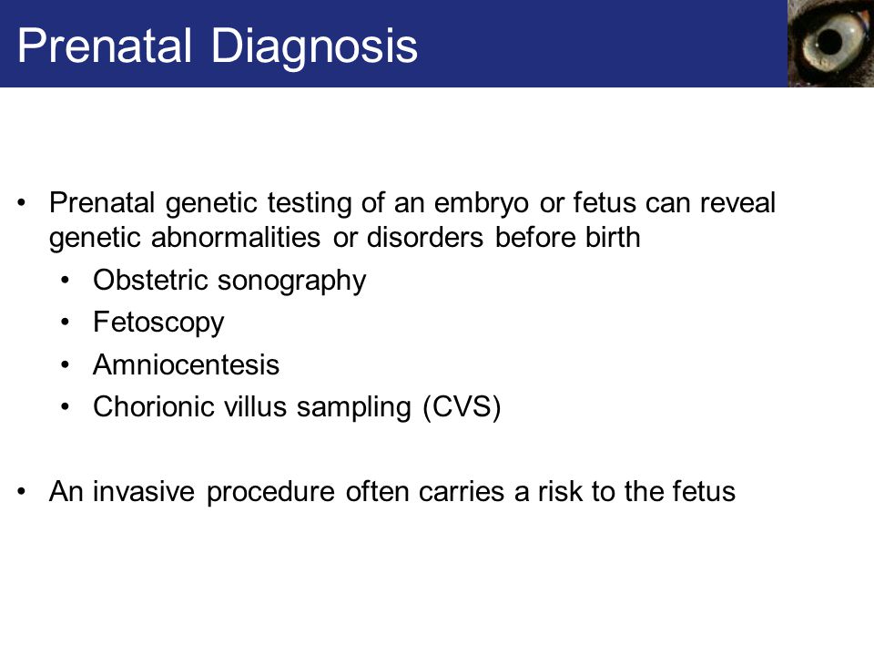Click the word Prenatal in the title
105,46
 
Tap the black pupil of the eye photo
829,42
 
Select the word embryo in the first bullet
481,203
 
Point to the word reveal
737,202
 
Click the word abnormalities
235,238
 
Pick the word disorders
425,238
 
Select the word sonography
291,282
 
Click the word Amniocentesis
186,364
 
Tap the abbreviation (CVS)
462,408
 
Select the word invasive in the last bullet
144,491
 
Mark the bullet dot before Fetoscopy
66,323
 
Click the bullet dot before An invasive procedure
22,491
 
